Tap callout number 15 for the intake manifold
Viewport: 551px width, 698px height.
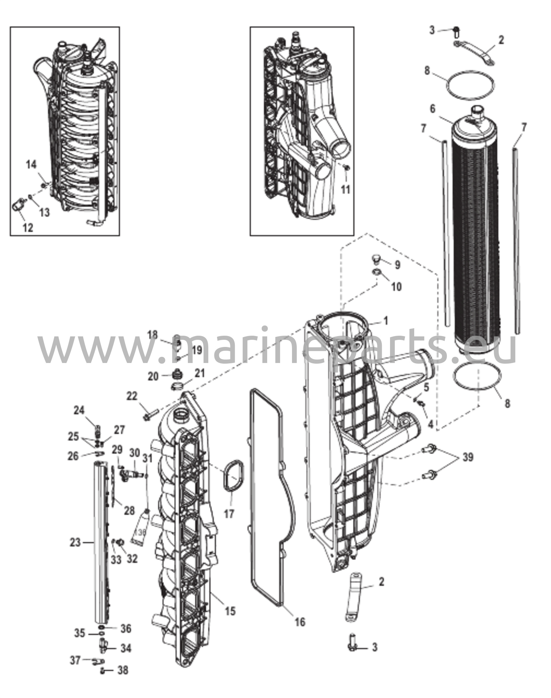click(x=230, y=611)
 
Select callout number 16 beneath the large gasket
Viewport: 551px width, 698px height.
click(x=299, y=621)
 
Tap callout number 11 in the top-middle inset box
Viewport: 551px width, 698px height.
click(x=345, y=189)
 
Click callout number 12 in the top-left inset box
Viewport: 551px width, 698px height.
click(x=28, y=227)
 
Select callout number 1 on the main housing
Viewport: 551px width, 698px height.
click(x=386, y=321)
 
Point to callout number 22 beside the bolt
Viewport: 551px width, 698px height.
click(x=132, y=396)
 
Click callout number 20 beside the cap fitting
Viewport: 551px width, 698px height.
click(x=153, y=376)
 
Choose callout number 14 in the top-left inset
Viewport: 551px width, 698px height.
click(x=31, y=165)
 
